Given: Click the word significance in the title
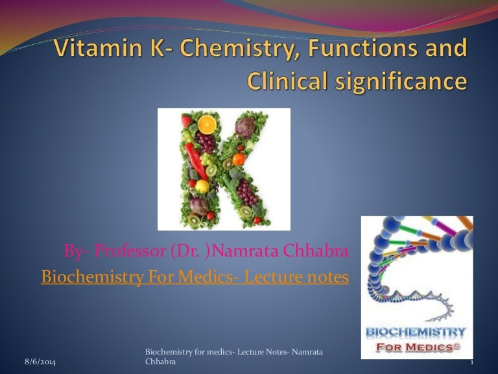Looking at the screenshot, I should (408, 82).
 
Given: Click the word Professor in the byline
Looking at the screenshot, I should (126, 251).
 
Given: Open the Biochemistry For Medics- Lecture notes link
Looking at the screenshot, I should (195, 277).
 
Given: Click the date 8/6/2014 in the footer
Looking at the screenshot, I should (40, 362).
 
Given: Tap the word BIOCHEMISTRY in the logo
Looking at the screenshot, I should (416, 333).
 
